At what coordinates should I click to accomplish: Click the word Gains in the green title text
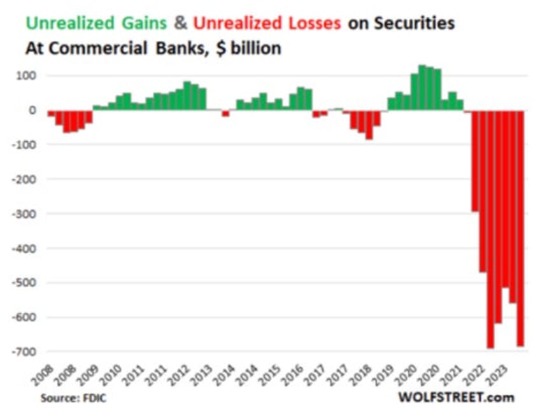143,24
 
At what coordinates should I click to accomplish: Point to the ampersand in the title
181,24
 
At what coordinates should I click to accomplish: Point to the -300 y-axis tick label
26,213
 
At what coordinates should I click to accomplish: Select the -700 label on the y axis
26,351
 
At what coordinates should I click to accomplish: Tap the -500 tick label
26,282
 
